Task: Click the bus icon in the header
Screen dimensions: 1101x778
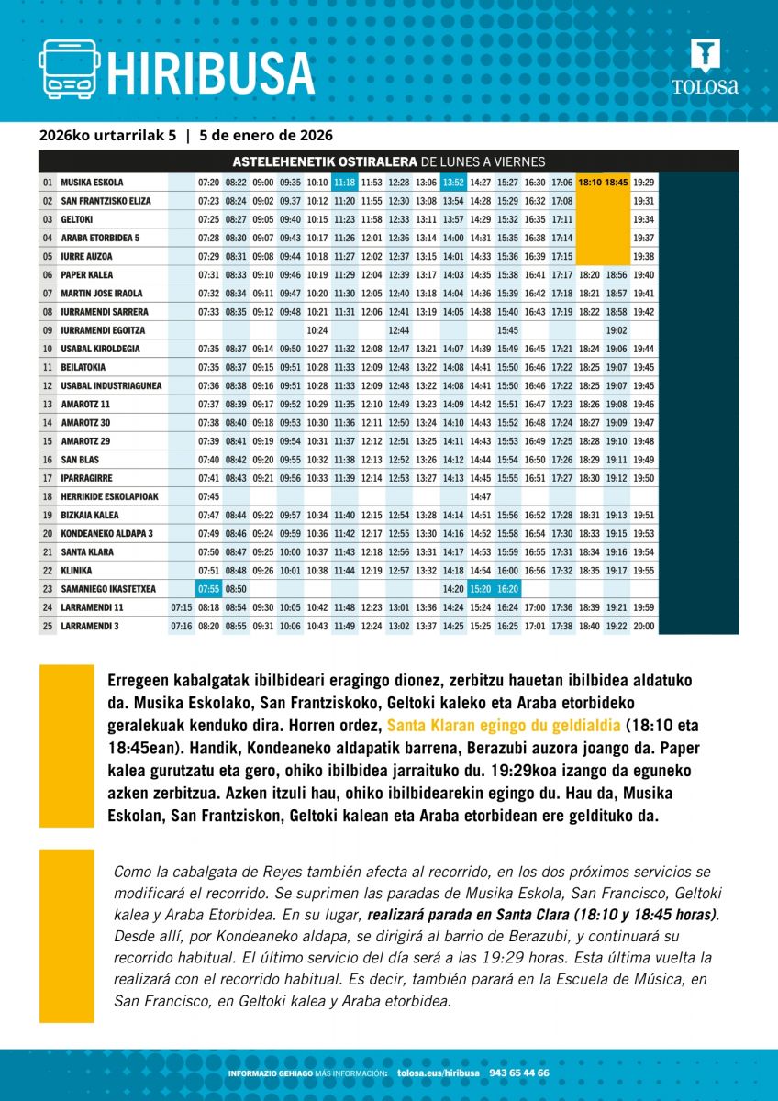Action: point(69,70)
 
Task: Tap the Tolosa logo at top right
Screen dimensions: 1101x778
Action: point(705,68)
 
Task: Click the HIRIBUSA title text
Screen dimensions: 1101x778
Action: point(211,72)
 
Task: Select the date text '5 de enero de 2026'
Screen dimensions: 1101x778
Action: point(266,136)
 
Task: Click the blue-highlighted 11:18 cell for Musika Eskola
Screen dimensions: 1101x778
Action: point(345,183)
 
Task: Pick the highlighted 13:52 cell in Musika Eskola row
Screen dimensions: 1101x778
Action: point(453,183)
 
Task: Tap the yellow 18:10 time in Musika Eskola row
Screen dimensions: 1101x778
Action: point(590,183)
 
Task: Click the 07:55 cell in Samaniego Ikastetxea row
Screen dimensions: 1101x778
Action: point(208,589)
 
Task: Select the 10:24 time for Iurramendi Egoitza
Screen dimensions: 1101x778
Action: point(317,330)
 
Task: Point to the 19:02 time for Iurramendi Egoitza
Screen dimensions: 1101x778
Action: point(617,330)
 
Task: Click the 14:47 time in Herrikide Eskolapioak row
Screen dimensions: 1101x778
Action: point(481,496)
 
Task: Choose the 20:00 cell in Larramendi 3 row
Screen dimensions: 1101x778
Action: point(644,626)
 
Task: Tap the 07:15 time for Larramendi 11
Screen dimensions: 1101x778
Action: point(182,607)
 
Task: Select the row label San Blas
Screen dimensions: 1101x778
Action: point(80,460)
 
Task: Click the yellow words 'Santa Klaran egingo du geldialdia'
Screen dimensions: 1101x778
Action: point(504,722)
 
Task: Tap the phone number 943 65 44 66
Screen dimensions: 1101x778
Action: point(519,1073)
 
